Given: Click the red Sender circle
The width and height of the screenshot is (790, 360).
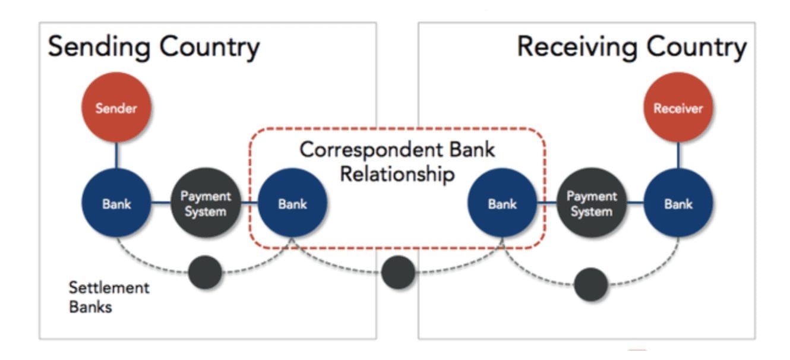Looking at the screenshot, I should tap(116, 108).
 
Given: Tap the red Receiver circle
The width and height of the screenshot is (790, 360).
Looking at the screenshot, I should tap(678, 108).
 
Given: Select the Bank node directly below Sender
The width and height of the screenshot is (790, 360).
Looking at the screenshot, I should tap(116, 203).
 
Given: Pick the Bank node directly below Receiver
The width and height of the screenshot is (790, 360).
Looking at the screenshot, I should tap(678, 203).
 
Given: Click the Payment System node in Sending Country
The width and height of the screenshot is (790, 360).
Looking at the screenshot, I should tap(206, 203).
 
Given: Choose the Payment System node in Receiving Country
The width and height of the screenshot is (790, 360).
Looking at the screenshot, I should tap(591, 203).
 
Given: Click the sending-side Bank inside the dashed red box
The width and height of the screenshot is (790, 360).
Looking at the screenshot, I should tap(292, 203).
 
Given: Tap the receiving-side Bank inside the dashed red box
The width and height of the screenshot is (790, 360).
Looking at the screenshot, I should tap(503, 203).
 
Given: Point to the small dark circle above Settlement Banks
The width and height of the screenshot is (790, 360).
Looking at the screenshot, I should tap(205, 273).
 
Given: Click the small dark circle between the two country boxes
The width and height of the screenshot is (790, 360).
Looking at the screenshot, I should tap(397, 273).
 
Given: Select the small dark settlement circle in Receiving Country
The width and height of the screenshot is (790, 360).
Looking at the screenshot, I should tap(591, 284).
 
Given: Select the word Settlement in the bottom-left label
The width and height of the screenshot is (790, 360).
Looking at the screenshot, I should tap(109, 288).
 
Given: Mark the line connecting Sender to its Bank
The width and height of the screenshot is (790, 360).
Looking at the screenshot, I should tap(116, 155).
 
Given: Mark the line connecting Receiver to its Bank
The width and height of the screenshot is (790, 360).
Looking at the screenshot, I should tap(678, 155).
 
